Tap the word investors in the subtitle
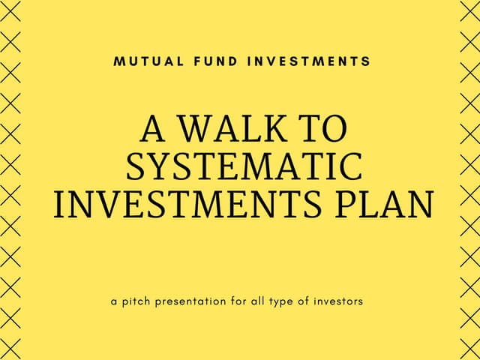click(339, 301)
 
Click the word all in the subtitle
click(257, 301)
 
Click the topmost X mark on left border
click(10, 13)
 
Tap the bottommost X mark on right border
click(469, 346)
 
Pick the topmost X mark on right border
click(469, 13)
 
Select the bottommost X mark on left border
click(10, 346)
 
